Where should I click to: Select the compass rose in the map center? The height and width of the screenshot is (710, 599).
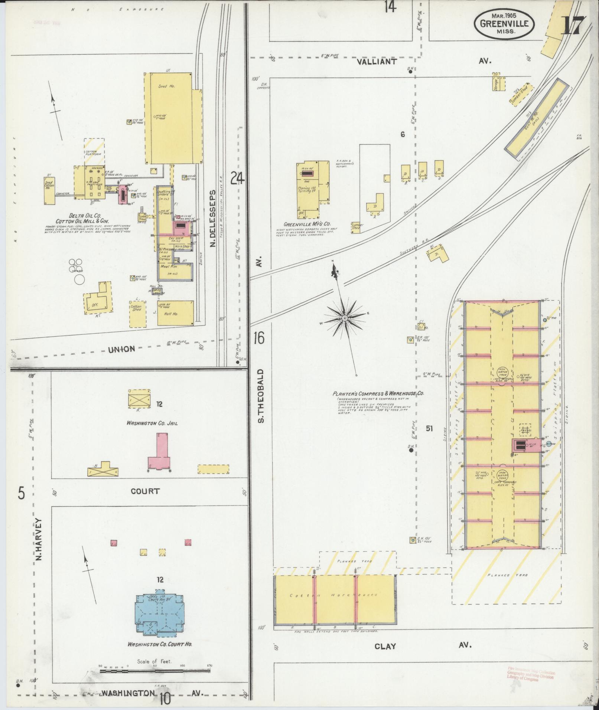pos(344,318)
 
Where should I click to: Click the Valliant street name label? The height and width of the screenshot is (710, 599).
pos(377,62)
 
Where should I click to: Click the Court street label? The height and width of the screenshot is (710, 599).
pos(145,491)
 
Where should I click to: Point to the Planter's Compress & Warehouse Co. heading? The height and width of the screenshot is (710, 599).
pos(378,394)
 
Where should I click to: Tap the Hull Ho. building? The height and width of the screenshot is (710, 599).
pos(175,313)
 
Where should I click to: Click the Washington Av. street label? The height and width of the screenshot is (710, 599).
pos(128,693)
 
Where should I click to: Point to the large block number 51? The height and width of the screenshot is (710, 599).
pos(429,429)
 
